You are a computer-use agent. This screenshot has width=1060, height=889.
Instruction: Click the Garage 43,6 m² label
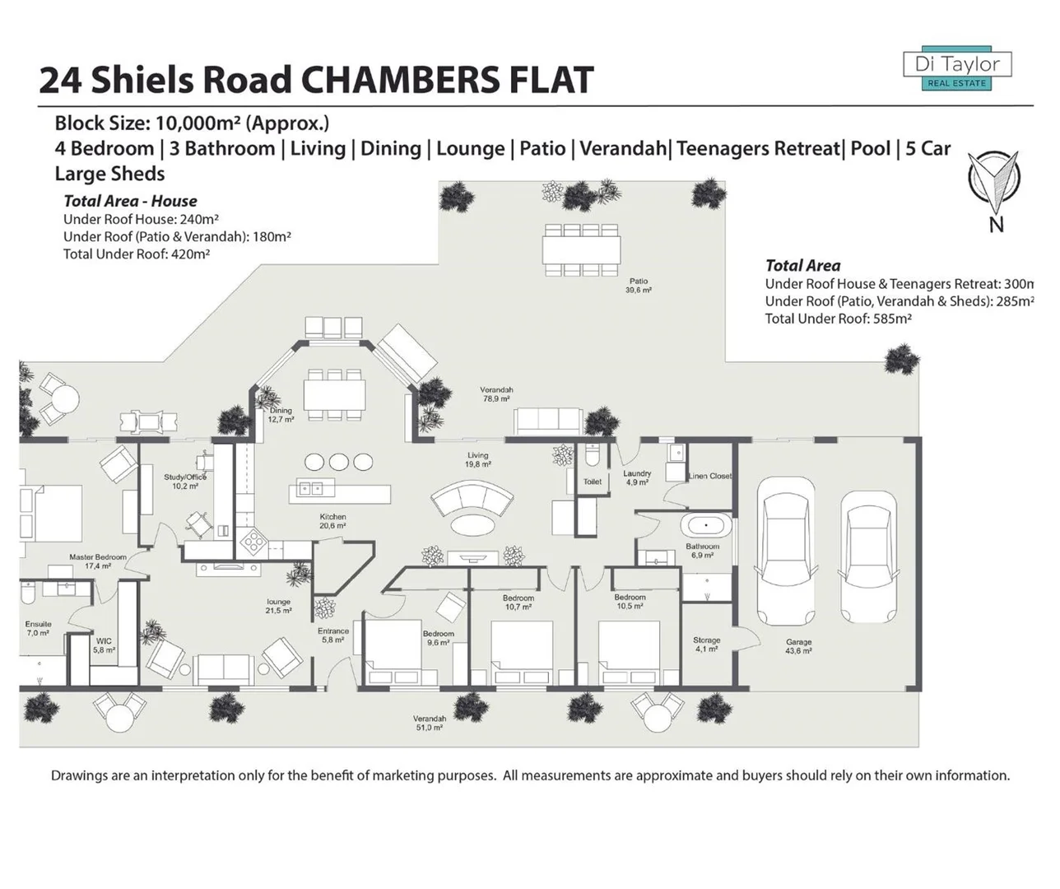[x=798, y=646]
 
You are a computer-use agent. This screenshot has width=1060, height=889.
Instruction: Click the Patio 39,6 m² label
[x=639, y=286]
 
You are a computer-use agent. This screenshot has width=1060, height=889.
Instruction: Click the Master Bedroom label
[x=98, y=561]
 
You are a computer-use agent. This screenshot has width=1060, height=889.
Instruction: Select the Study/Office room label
[x=185, y=482]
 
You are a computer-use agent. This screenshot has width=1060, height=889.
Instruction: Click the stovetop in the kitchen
[x=253, y=541]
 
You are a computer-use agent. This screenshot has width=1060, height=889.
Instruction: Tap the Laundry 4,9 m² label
[x=637, y=477]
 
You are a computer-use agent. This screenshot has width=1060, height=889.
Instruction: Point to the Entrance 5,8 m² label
[x=333, y=635]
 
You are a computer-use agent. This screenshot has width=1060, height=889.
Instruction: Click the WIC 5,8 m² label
[x=104, y=645]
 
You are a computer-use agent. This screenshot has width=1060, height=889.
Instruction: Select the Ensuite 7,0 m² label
[x=38, y=628]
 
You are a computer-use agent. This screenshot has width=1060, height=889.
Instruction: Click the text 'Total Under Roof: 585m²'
[x=838, y=319]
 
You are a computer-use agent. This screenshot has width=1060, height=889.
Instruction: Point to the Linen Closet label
[x=709, y=476]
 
